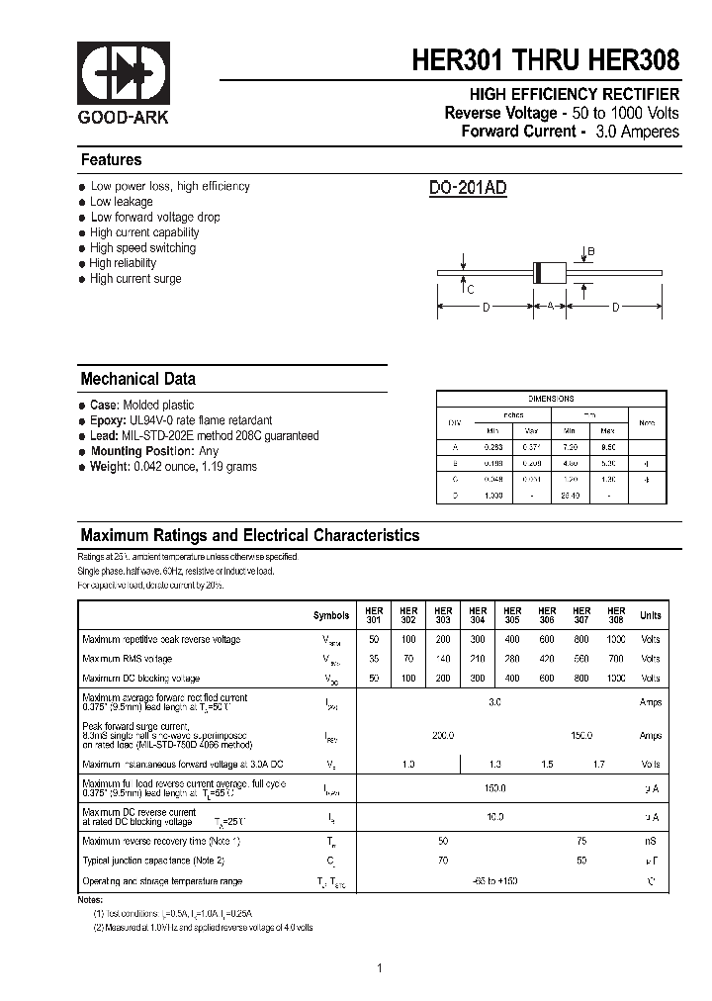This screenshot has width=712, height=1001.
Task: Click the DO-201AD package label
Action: tap(468, 190)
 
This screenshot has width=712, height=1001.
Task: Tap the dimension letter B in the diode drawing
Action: tap(590, 253)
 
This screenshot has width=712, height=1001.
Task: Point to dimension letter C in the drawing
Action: tap(471, 289)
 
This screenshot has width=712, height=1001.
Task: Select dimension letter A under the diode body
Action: tap(550, 308)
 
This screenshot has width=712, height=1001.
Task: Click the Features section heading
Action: tap(111, 160)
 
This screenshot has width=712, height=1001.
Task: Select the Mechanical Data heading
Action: tap(137, 379)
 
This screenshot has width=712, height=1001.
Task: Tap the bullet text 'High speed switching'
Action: tap(143, 248)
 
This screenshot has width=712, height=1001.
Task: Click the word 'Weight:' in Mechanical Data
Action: tap(110, 467)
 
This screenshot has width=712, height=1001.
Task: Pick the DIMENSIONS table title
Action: tap(551, 399)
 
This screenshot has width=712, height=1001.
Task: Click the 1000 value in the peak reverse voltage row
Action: tap(615, 640)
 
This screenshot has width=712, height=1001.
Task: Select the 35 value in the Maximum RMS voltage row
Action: tap(373, 659)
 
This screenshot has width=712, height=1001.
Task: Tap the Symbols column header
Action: tap(331, 615)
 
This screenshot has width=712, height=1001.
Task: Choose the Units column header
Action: tap(650, 615)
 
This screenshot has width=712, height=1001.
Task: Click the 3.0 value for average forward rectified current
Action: tap(494, 702)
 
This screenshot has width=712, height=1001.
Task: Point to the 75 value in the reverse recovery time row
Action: tap(580, 841)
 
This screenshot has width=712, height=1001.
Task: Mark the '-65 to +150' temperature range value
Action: tap(494, 881)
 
